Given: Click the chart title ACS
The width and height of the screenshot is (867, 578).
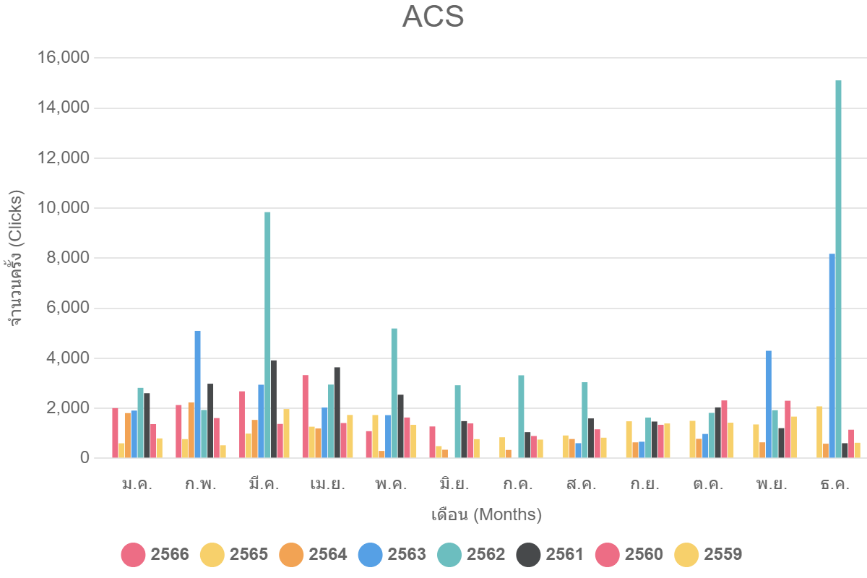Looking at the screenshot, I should (433, 17).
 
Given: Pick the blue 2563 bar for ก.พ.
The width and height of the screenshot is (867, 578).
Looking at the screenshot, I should (197, 394).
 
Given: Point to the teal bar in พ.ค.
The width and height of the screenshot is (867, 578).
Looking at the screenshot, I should (394, 393).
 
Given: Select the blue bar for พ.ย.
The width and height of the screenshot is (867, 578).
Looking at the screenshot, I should (769, 404).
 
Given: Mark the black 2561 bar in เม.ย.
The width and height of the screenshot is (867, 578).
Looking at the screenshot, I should (337, 412).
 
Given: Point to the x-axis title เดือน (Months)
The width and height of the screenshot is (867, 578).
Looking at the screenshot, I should (486, 515).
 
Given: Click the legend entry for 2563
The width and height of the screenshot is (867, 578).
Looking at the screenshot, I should (392, 555).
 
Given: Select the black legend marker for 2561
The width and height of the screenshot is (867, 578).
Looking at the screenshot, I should (528, 555).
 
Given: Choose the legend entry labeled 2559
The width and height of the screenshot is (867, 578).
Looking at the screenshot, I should (708, 555).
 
